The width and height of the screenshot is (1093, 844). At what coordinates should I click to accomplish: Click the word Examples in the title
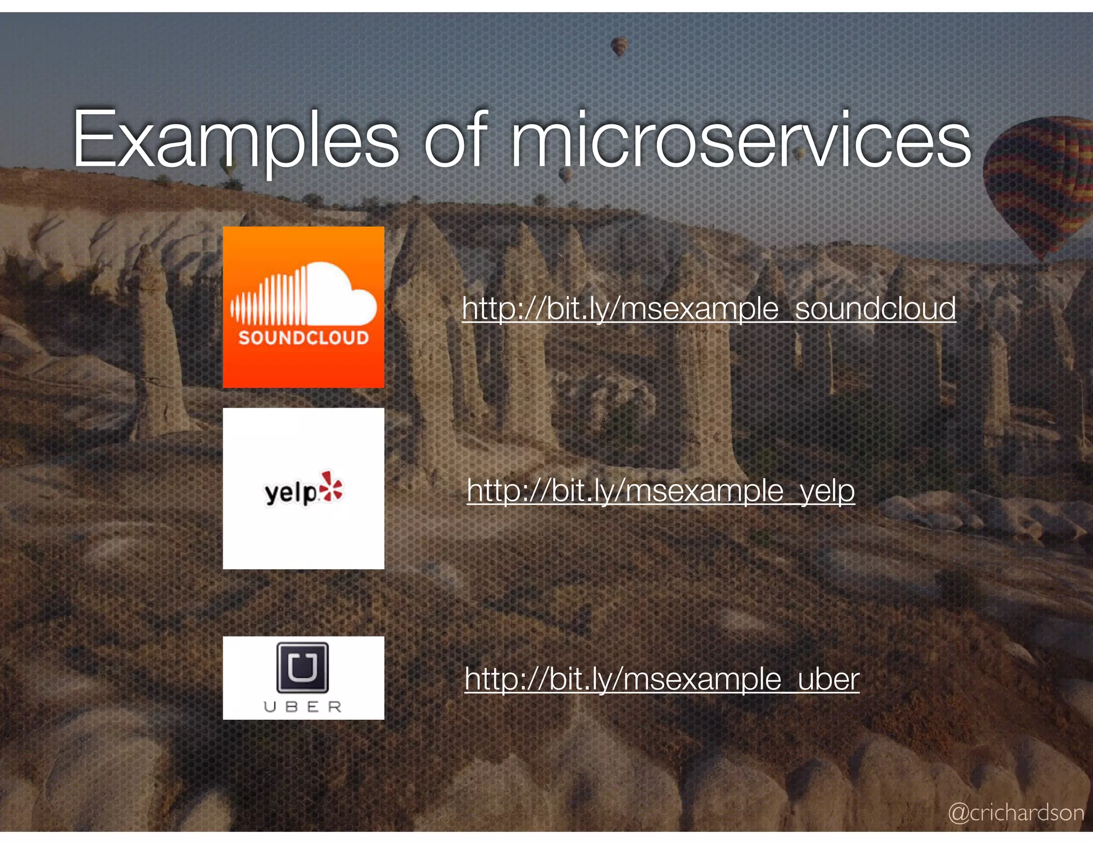pyautogui.click(x=235, y=140)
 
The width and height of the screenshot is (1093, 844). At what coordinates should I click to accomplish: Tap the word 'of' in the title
pyautogui.click(x=455, y=140)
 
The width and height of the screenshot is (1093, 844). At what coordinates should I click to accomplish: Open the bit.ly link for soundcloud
pyautogui.click(x=709, y=308)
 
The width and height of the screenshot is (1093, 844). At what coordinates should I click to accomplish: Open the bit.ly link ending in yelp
pyautogui.click(x=661, y=491)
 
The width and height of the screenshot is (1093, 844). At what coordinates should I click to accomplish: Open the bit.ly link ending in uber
pyautogui.click(x=662, y=679)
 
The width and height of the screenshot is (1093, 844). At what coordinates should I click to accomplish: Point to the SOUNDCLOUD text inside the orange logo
pyautogui.click(x=303, y=338)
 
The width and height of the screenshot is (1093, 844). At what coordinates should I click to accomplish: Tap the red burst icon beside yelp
pyautogui.click(x=332, y=487)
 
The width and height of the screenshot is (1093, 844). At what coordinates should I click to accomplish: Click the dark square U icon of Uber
pyautogui.click(x=302, y=667)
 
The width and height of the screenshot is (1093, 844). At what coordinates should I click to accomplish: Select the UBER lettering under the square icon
pyautogui.click(x=303, y=707)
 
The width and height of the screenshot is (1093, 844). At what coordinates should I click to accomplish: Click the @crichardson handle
pyautogui.click(x=1016, y=813)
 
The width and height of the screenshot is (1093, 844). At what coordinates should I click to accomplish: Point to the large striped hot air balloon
pyautogui.click(x=1038, y=187)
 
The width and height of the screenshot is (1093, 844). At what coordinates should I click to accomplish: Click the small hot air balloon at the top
pyautogui.click(x=619, y=46)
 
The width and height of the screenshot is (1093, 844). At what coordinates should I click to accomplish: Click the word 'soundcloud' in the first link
pyautogui.click(x=875, y=308)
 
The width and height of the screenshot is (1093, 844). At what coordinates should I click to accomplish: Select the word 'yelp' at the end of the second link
pyautogui.click(x=827, y=491)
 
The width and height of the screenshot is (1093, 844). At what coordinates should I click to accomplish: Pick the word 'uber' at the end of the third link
pyautogui.click(x=828, y=679)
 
